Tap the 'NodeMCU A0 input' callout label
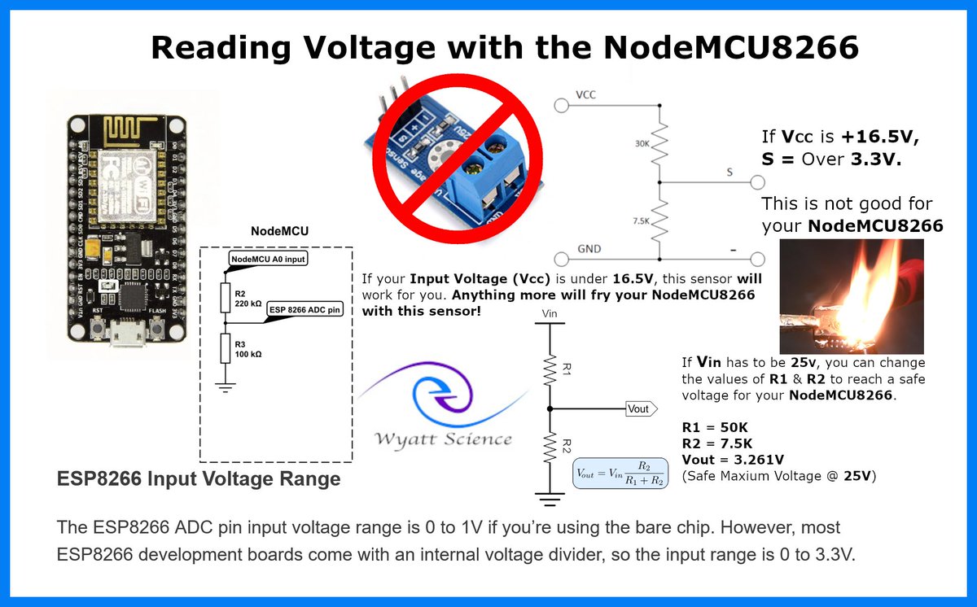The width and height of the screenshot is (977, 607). pyautogui.click(x=269, y=259)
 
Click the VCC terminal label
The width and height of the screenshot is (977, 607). pyautogui.click(x=585, y=95)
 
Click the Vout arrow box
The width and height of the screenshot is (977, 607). pyautogui.click(x=639, y=408)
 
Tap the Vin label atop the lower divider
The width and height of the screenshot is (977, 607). pyautogui.click(x=550, y=312)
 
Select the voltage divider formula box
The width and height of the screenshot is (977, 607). pyautogui.click(x=620, y=472)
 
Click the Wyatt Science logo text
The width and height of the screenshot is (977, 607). pyautogui.click(x=443, y=439)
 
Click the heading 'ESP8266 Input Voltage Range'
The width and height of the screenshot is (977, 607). pyautogui.click(x=198, y=479)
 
